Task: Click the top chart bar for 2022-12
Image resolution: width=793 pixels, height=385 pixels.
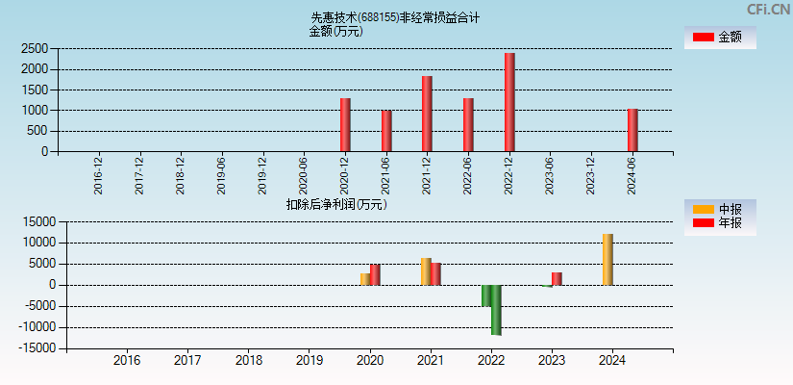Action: (x=509, y=102)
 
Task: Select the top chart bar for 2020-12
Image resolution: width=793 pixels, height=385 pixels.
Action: (x=345, y=125)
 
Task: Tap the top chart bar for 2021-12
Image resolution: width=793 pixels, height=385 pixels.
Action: (x=427, y=114)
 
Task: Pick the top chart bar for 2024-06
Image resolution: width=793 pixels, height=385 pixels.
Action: (x=632, y=130)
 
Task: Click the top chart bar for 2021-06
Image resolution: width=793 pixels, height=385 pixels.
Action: (x=386, y=131)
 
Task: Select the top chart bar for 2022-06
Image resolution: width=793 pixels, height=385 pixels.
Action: (x=468, y=125)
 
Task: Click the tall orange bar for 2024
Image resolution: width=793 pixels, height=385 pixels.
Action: (x=607, y=260)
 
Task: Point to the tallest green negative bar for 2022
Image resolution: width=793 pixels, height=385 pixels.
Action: (x=496, y=310)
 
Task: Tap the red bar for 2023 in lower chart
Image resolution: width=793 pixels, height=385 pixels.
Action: (x=557, y=279)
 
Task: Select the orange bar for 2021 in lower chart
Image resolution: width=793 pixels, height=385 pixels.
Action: (x=425, y=271)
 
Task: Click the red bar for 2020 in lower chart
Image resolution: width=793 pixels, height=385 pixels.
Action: (x=375, y=275)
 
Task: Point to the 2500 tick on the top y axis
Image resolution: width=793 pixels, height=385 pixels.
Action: (x=35, y=48)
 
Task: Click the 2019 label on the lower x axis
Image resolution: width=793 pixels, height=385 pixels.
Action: (x=309, y=361)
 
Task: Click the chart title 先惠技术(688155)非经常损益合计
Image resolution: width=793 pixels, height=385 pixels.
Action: (x=395, y=17)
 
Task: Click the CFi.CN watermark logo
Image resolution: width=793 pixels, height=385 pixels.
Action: (x=768, y=9)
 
